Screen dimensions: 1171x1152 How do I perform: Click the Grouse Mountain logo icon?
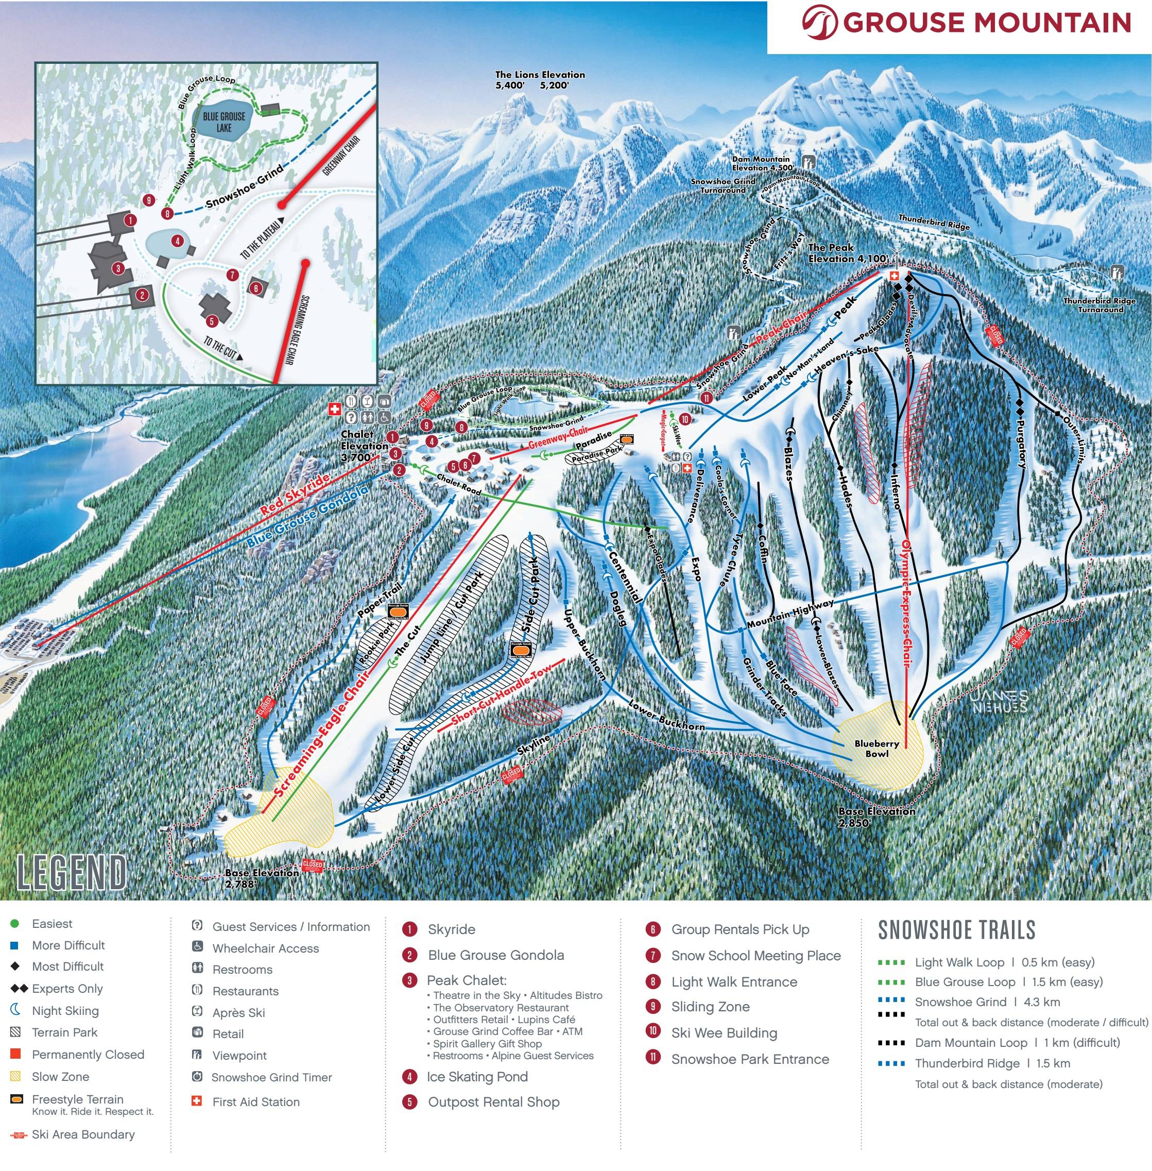(x=819, y=22)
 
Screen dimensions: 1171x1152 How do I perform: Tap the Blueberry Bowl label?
(x=876, y=749)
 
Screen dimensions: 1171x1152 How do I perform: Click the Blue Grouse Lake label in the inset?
(x=224, y=122)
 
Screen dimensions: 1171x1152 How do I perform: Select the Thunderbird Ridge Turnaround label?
(x=1099, y=305)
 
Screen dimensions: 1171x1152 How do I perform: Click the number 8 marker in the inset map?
(x=167, y=213)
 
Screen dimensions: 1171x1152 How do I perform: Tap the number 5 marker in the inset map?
(x=211, y=321)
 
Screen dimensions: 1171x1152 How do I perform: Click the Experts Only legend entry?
(x=66, y=989)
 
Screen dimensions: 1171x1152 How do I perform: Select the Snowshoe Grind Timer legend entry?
(x=271, y=1077)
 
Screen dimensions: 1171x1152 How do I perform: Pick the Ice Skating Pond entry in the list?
(x=477, y=1077)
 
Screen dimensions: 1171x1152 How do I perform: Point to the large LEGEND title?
(x=72, y=872)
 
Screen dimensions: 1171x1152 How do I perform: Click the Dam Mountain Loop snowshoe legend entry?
(x=1017, y=1043)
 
